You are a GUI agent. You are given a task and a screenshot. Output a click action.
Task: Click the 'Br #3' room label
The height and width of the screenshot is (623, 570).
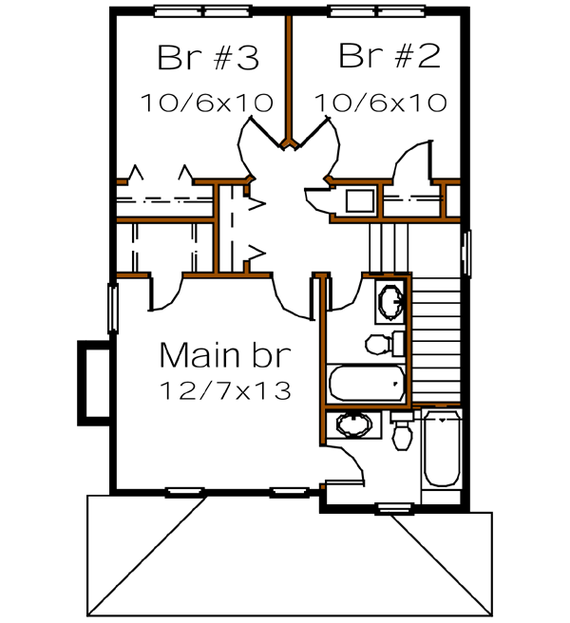(207, 59)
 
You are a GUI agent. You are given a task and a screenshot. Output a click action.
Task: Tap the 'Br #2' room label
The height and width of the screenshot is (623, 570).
(389, 58)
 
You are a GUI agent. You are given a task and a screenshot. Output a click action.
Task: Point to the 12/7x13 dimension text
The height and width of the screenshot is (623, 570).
(226, 390)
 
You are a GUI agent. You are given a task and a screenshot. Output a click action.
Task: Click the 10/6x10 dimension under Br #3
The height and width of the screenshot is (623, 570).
(207, 102)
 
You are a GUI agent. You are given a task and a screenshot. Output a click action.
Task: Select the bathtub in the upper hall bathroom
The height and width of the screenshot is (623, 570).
(366, 384)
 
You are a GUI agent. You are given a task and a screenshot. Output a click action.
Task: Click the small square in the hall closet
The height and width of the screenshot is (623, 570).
(359, 200)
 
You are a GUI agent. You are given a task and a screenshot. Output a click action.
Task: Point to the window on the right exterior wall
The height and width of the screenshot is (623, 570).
(465, 253)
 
